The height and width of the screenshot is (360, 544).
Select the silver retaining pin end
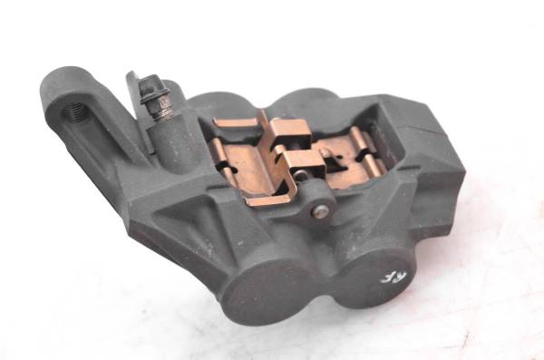[321, 211]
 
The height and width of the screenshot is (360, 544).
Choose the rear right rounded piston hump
[307, 98]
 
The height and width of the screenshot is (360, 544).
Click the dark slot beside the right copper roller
[381, 150]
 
